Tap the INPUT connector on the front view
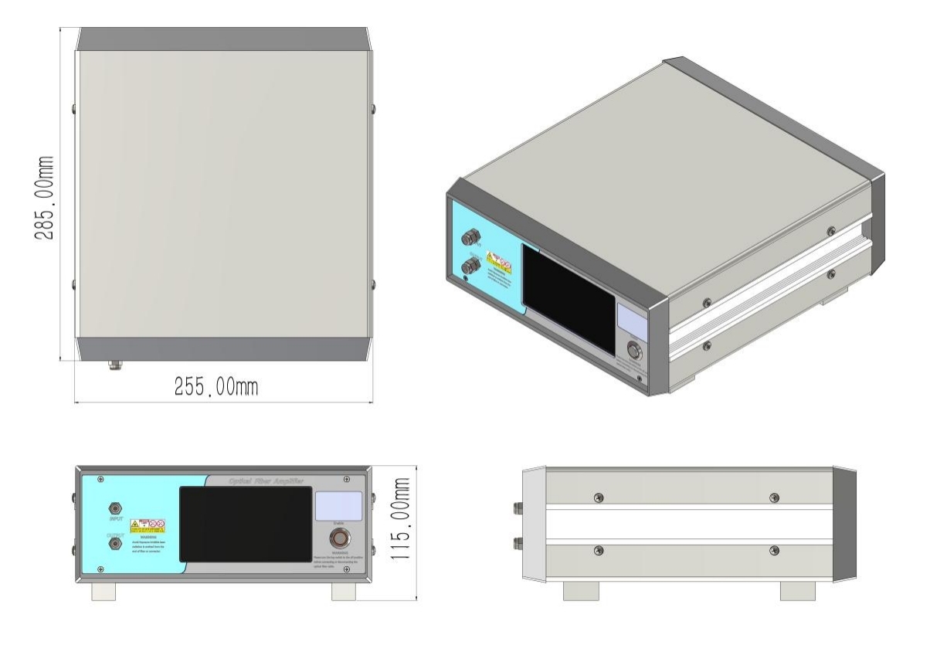point(115,508)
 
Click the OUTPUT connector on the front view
point(115,543)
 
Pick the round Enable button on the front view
point(338,538)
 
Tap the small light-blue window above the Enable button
point(338,505)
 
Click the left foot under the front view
point(104,591)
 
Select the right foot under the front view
point(345,591)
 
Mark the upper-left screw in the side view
point(598,497)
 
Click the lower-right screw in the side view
point(775,550)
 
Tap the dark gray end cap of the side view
point(845,523)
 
